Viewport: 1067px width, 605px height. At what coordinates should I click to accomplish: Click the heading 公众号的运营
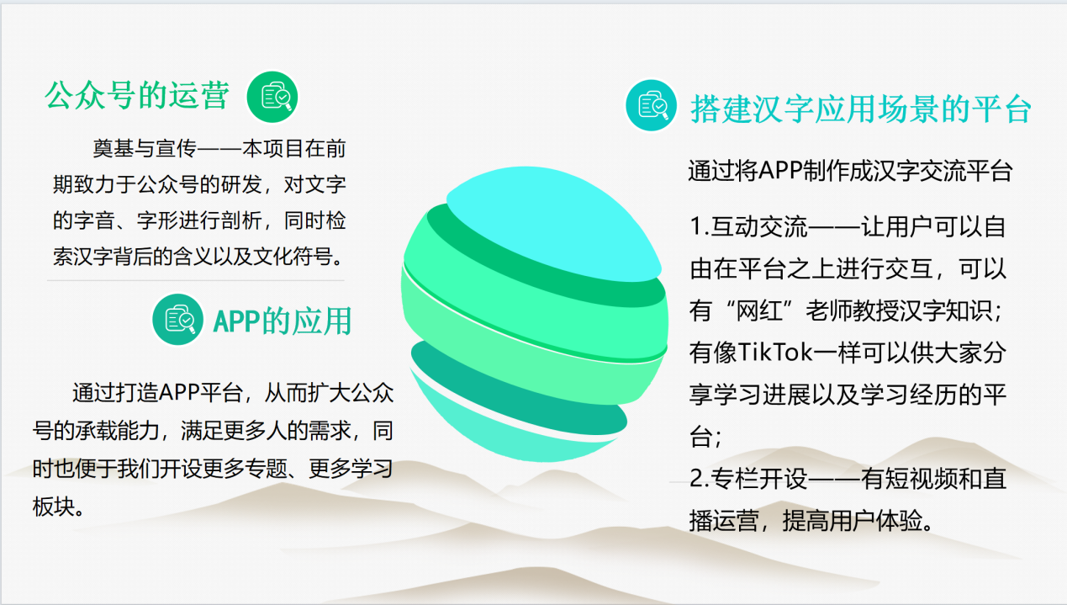tap(137, 96)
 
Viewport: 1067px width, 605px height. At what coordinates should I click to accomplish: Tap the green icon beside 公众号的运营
tap(272, 98)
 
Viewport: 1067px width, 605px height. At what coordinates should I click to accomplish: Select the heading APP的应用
tap(283, 321)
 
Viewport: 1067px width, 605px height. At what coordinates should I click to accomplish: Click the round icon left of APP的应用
tap(177, 320)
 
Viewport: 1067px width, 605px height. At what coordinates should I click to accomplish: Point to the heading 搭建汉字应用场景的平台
tap(861, 109)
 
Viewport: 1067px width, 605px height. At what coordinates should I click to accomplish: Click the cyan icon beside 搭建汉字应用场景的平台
tap(651, 105)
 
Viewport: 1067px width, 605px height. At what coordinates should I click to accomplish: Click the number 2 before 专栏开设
tap(696, 479)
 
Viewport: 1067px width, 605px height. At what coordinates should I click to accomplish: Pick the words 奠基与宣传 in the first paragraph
tap(145, 149)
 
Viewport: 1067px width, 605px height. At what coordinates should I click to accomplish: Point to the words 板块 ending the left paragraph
tap(53, 507)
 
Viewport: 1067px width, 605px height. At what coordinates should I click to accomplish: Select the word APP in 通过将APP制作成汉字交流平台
tap(779, 171)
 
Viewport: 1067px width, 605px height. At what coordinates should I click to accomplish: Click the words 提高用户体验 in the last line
tap(853, 521)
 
